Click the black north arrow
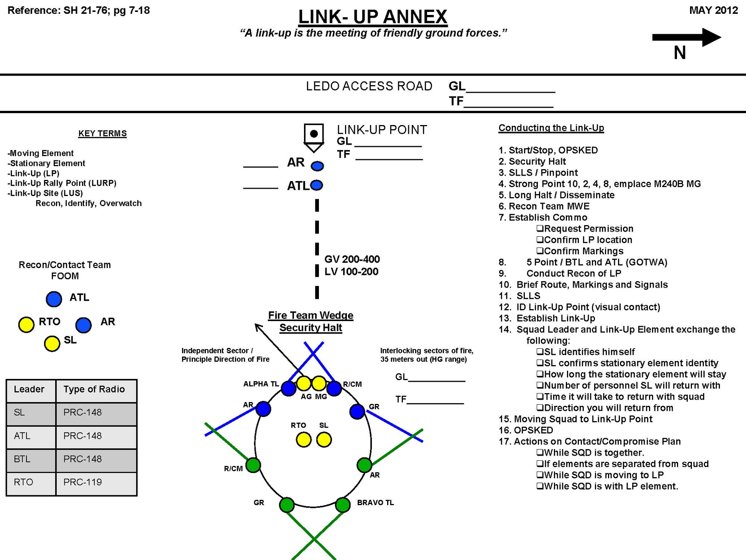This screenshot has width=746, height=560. click(686, 37)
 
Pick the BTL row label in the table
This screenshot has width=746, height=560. click(22, 459)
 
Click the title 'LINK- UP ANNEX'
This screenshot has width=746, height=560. click(373, 16)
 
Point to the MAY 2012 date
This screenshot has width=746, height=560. click(713, 10)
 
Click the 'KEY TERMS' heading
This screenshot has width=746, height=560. click(102, 133)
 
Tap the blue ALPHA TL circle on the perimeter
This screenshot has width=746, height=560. click(288, 388)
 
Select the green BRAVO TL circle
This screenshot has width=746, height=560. click(343, 505)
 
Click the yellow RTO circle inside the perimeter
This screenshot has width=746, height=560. click(304, 440)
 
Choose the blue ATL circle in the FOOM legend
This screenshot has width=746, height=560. click(54, 299)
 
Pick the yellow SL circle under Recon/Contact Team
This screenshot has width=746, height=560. click(52, 344)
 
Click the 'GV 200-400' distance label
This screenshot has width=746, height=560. click(352, 259)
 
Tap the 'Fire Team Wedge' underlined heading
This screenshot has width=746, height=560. click(311, 315)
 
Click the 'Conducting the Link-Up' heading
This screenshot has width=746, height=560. click(551, 128)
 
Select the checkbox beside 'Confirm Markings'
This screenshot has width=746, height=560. click(540, 251)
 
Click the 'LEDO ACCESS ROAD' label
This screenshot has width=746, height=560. click(369, 86)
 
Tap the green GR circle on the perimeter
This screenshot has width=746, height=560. click(287, 505)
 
